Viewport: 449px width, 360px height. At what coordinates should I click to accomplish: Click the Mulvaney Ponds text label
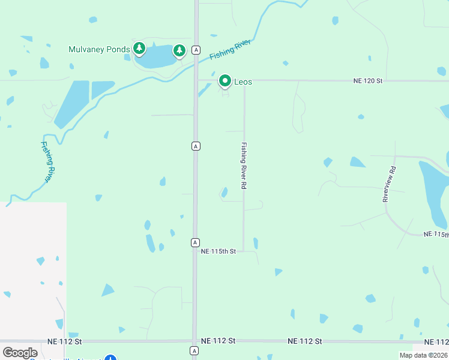click(99, 49)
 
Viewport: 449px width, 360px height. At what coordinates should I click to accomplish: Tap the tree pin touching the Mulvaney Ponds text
click(139, 48)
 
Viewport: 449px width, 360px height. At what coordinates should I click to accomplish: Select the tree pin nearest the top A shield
click(179, 50)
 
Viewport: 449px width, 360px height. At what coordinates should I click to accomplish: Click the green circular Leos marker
click(225, 80)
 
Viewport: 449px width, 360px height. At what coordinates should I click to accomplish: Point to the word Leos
click(243, 82)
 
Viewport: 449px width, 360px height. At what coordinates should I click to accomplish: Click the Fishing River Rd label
click(244, 166)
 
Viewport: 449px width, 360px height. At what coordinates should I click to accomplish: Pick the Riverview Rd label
click(390, 184)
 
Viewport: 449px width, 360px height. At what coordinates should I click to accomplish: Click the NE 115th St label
click(218, 250)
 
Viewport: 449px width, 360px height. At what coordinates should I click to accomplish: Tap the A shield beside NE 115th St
click(195, 242)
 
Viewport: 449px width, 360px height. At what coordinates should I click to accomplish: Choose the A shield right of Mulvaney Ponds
click(196, 50)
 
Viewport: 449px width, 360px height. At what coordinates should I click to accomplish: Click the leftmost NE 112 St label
click(64, 341)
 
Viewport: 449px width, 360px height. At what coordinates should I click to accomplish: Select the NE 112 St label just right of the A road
click(218, 340)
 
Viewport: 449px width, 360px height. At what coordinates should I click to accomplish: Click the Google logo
click(20, 353)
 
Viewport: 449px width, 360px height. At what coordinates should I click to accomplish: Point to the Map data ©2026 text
click(424, 355)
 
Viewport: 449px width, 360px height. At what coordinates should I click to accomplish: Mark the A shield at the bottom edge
click(194, 350)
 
